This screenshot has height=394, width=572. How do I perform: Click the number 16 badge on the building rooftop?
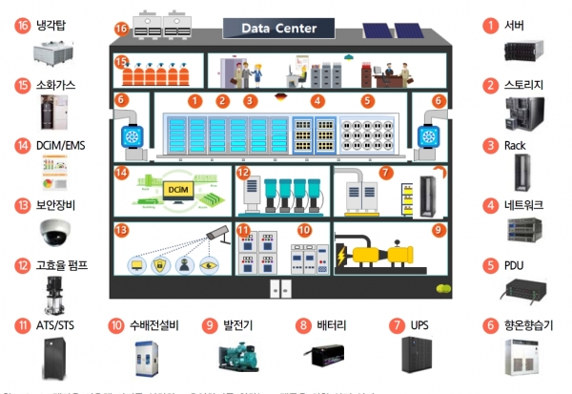point(121,29)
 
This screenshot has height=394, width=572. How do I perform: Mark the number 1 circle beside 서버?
point(491,26)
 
